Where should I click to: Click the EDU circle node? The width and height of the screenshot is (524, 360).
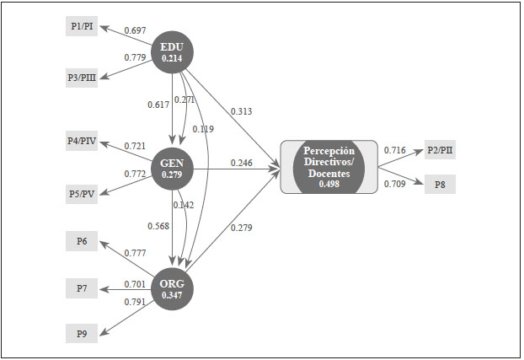(172, 51)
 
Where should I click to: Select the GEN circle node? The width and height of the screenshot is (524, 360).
(172, 167)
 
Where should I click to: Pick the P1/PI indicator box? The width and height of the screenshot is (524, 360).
(82, 26)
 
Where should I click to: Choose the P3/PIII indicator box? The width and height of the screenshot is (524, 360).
(82, 78)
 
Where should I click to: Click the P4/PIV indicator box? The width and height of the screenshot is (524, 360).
(82, 141)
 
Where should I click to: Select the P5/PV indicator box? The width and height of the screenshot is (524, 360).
(82, 194)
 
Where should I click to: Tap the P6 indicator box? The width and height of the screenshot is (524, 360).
(82, 242)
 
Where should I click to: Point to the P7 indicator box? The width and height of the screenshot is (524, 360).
(82, 289)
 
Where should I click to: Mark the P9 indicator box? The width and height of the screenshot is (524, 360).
(82, 334)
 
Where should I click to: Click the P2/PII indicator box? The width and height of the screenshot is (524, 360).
(440, 151)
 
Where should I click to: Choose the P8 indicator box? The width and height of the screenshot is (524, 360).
(440, 184)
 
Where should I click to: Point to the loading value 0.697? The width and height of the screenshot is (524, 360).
(135, 31)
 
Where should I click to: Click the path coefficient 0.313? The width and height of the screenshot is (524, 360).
(241, 110)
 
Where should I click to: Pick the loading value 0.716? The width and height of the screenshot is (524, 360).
(395, 150)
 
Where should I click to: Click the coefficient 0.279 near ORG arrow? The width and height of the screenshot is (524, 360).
(241, 227)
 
